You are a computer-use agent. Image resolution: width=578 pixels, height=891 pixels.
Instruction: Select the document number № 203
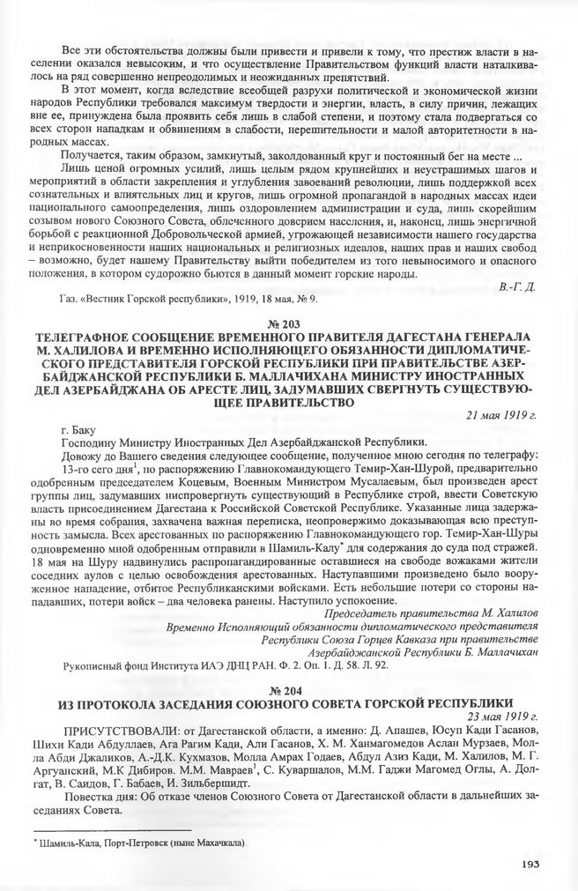tap(288, 325)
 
